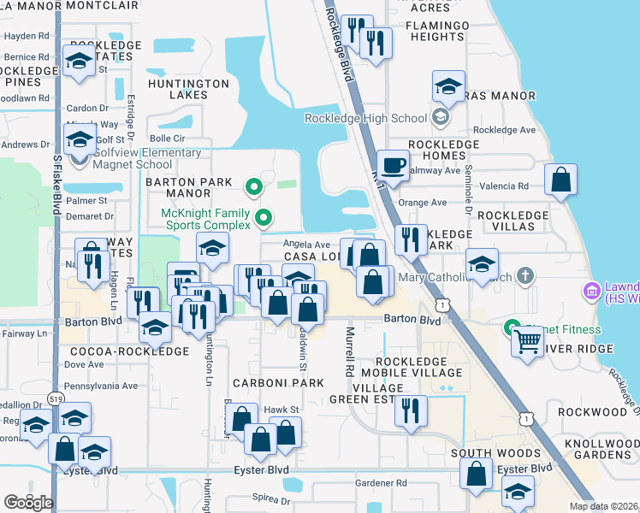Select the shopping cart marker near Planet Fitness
(x=528, y=340)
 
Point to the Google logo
(x=28, y=502)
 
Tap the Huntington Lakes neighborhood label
(x=188, y=90)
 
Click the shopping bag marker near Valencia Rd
(x=560, y=180)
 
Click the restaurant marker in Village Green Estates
(x=412, y=410)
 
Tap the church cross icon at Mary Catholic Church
(x=525, y=276)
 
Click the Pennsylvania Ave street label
(x=101, y=386)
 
